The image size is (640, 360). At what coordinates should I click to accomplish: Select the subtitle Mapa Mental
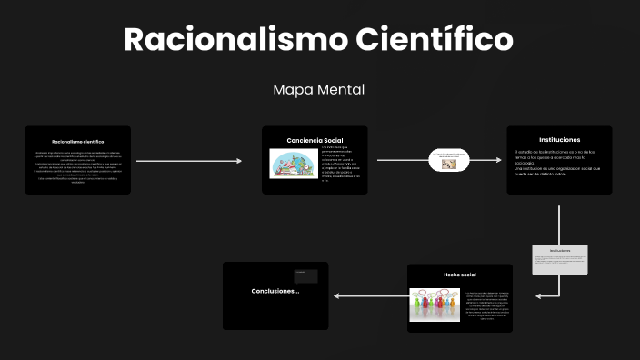click(319, 90)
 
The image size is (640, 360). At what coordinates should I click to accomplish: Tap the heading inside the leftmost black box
click(77, 142)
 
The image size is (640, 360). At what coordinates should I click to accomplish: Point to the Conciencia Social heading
click(315, 140)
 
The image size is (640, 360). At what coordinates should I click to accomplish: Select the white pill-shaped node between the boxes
click(449, 161)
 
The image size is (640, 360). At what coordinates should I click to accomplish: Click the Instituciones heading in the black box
click(559, 139)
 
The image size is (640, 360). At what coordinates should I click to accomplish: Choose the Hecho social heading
click(459, 274)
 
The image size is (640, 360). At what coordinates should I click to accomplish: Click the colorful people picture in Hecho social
click(433, 304)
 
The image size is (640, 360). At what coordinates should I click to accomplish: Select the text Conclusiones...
click(275, 291)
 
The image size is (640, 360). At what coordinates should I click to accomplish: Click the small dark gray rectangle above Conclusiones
click(305, 275)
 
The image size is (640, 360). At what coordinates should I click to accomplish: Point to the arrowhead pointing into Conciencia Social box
click(239, 161)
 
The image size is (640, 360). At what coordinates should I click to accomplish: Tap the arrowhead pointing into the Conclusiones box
click(337, 296)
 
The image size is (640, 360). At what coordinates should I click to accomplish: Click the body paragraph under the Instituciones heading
click(557, 163)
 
